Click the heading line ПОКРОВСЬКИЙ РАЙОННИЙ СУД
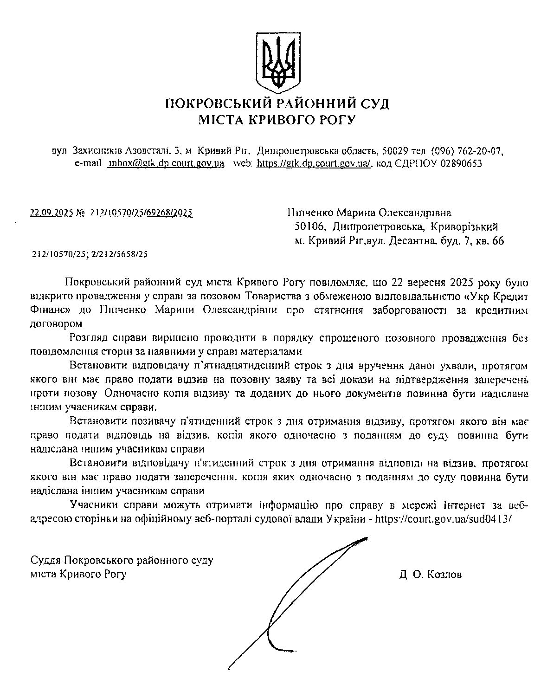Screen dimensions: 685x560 click(277, 103)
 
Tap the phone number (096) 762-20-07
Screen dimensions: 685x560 click(467, 151)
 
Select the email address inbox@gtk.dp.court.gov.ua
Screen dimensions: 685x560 click(167, 163)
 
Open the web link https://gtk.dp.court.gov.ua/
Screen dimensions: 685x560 click(314, 163)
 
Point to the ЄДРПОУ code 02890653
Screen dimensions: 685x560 click(461, 163)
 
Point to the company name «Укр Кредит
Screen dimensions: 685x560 click(496, 296)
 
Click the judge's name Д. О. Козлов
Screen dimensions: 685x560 click(430, 575)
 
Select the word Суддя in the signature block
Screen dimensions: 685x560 click(45, 560)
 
